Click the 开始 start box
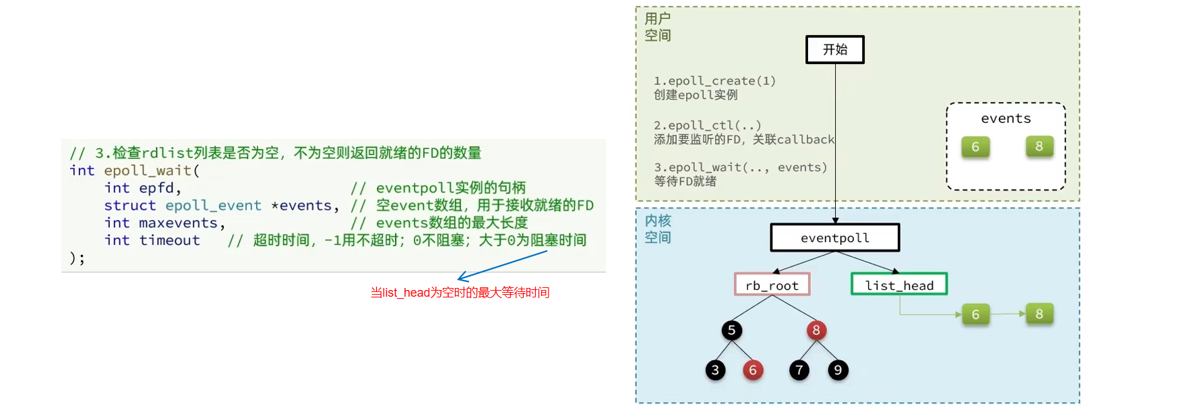[x=834, y=49]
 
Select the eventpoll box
[x=835, y=237]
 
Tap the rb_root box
[x=772, y=285]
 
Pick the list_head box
[x=899, y=285]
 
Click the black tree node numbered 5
[x=731, y=330]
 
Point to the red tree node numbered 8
[x=816, y=330]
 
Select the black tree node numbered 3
[x=715, y=370]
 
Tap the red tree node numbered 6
[x=753, y=370]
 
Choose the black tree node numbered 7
[x=799, y=370]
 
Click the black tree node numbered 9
[x=838, y=370]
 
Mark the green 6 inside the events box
[x=975, y=146]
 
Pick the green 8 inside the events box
[x=1039, y=146]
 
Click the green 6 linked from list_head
[x=975, y=314]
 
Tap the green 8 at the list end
[x=1039, y=314]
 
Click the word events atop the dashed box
[x=1006, y=119]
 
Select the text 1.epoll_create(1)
[x=714, y=81]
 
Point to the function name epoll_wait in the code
[x=148, y=171]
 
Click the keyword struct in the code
[x=130, y=205]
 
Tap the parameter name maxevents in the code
[x=178, y=223]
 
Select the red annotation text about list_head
[x=460, y=292]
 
